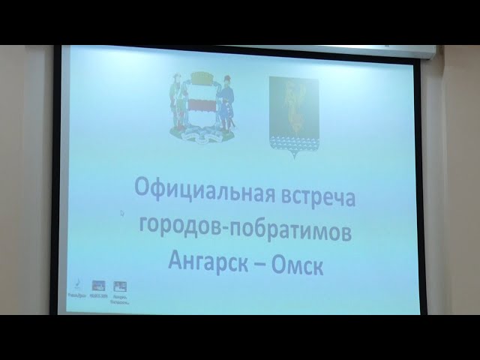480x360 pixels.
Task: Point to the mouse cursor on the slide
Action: [x=121, y=213]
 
